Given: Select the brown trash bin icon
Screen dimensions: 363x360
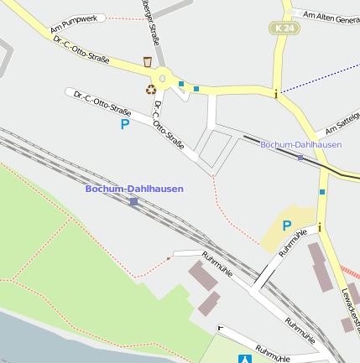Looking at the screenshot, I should click(148, 61).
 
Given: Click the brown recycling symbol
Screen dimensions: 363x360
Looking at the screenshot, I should click(151, 88).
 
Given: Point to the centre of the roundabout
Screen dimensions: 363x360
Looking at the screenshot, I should click(164, 77).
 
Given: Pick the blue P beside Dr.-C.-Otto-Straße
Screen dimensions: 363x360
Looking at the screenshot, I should click(125, 124).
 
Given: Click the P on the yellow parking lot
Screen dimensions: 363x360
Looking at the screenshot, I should click(286, 225).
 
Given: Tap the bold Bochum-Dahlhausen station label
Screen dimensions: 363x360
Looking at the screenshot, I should click(134, 189).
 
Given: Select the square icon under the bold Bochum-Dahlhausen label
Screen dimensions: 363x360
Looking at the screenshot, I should click(133, 201).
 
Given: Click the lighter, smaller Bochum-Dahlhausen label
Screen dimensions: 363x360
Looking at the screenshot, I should click(300, 145).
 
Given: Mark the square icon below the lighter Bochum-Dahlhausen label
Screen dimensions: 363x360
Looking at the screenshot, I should click(300, 157).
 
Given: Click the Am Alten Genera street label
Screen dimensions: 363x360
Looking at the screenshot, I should click(331, 18).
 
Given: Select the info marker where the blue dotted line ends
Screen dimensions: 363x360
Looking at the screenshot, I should click(276, 93).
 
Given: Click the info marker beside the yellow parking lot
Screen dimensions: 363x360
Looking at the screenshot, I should click(319, 226).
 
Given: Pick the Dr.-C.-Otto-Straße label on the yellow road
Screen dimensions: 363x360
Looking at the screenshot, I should click(81, 49).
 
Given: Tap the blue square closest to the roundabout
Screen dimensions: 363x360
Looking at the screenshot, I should click(181, 83).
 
